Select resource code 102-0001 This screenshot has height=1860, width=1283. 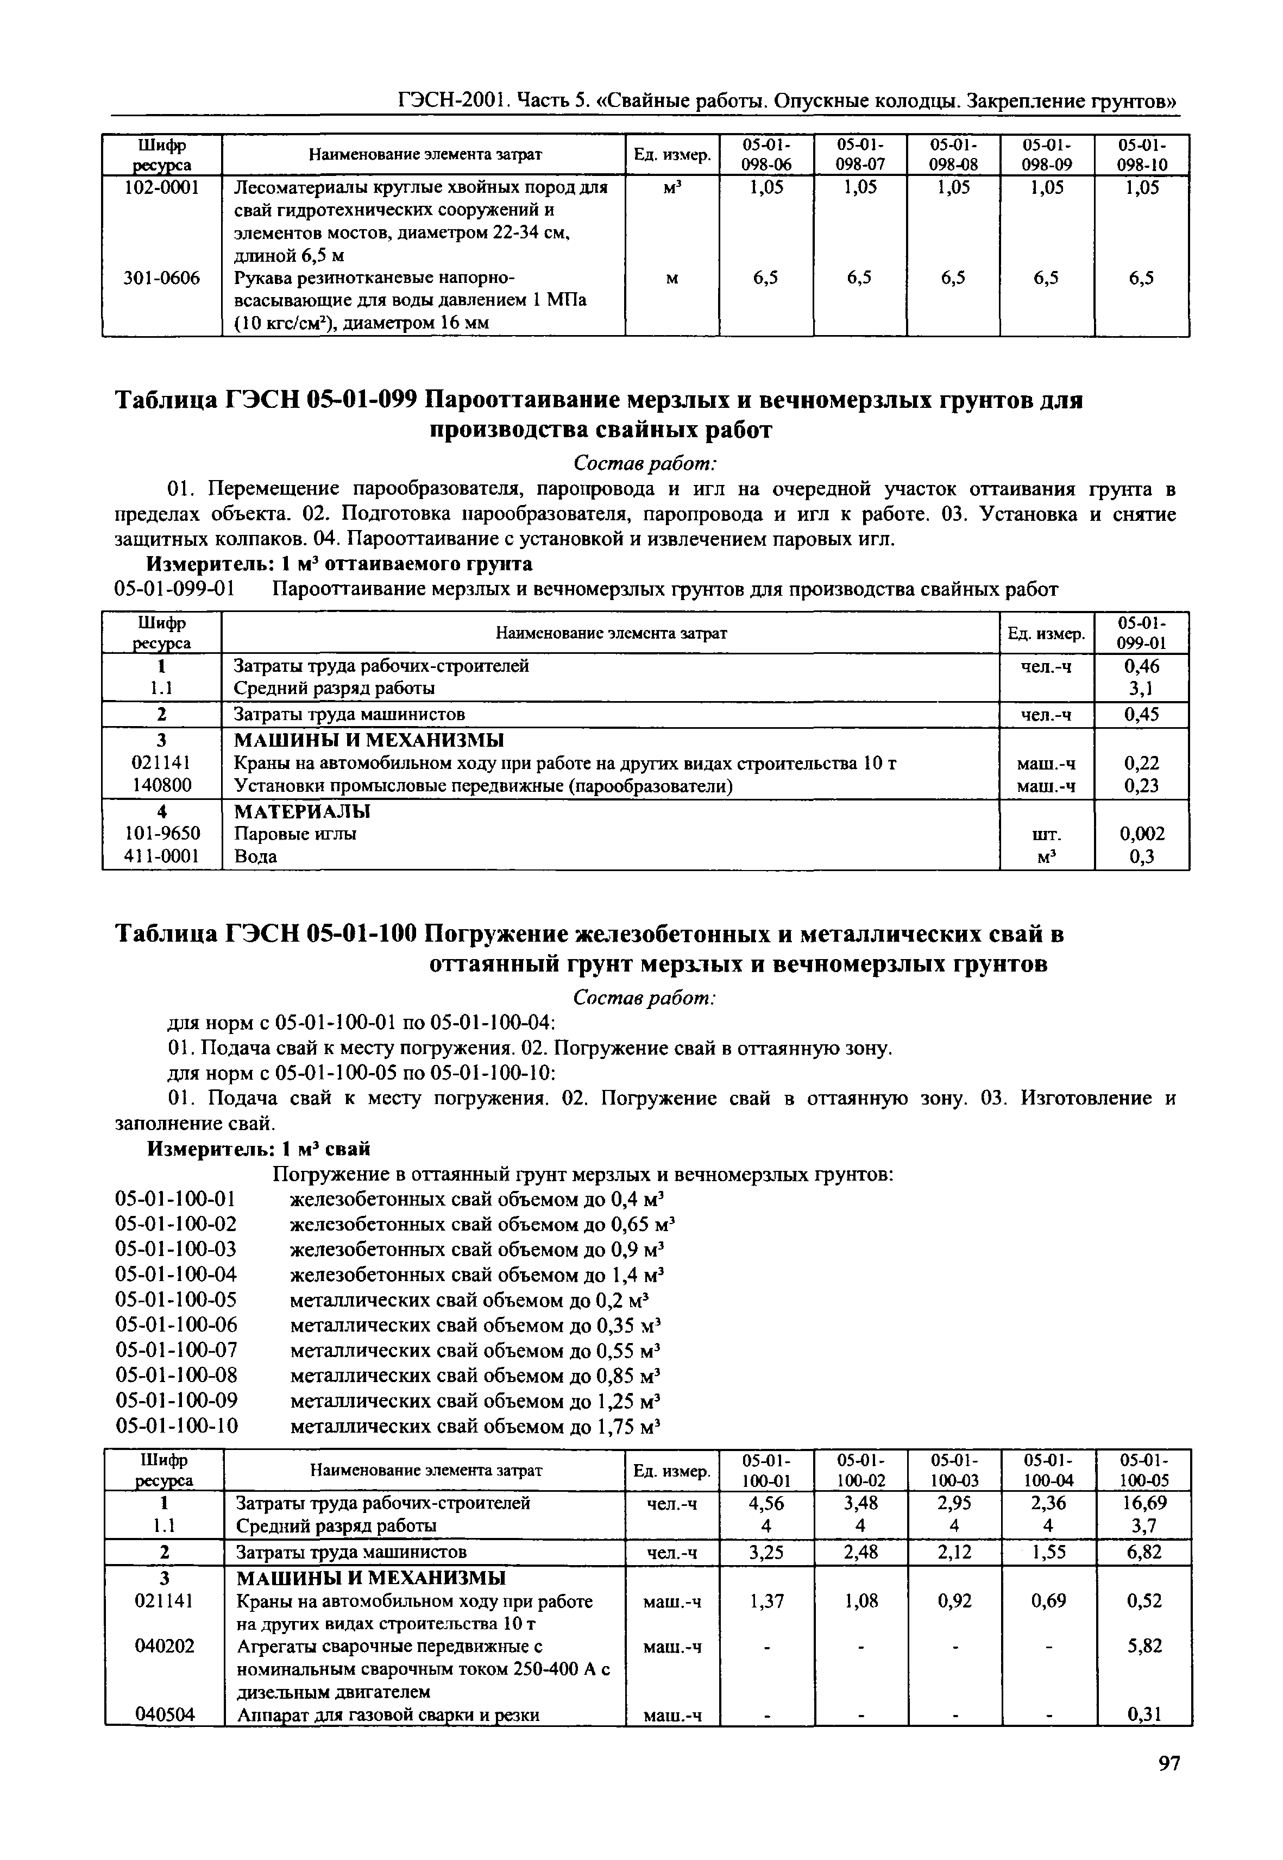161,187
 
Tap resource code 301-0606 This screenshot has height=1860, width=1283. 161,278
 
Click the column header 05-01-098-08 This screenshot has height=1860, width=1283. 953,154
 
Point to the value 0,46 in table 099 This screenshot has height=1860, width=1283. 1142,666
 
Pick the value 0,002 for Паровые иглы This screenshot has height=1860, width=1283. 1142,834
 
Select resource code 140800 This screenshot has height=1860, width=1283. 161,785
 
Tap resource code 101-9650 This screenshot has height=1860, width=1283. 161,834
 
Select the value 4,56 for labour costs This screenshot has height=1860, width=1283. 766,1503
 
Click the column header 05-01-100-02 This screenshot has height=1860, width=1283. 860,1470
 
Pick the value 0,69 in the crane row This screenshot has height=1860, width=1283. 1048,1601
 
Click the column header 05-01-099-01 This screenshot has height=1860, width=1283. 1142,633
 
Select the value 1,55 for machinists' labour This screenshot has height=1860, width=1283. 1048,1552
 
